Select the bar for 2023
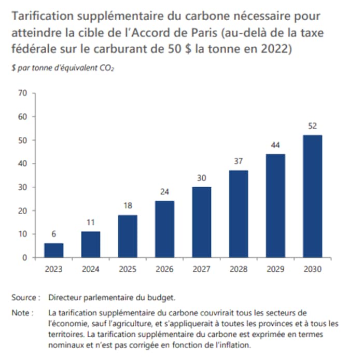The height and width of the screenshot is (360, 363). (x=54, y=250)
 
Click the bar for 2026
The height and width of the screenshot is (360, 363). (x=164, y=229)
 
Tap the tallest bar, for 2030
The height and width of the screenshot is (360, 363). (x=312, y=196)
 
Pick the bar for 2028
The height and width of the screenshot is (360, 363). (x=239, y=214)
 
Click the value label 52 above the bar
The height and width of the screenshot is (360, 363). (x=312, y=126)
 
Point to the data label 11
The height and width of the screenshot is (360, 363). (x=91, y=222)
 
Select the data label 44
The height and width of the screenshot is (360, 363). (x=275, y=145)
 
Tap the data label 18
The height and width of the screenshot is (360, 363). (x=128, y=205)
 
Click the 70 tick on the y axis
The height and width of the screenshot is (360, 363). (x=22, y=93)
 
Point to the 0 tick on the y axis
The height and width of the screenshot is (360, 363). (x=24, y=257)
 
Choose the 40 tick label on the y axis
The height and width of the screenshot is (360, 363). (x=22, y=163)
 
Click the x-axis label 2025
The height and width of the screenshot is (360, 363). (x=128, y=269)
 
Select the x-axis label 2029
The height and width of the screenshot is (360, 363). (x=275, y=269)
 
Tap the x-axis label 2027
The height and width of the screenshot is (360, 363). (x=202, y=269)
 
